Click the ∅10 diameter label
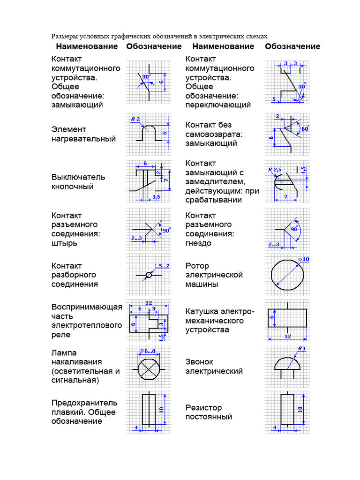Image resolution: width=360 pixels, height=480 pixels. coord(304,259)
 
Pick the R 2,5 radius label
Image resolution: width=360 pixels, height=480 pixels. coord(274,169)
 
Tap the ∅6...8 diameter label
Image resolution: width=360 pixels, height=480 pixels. coord(148,351)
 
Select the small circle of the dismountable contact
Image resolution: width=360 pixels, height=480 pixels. coord(149,275)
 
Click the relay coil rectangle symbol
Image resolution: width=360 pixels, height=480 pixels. coord(287,318)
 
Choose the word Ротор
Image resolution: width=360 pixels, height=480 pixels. coord(197,266)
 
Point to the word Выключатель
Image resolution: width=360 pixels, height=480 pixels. coord(78,177)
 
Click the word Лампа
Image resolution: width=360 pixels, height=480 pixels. coord(64,352)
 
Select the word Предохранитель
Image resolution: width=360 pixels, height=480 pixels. coord(84,403)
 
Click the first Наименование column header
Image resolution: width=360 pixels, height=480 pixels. coord(87,46)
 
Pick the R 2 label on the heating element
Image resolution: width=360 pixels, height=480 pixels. coord(135,119)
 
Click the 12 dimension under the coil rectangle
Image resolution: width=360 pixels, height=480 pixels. coord(287,337)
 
